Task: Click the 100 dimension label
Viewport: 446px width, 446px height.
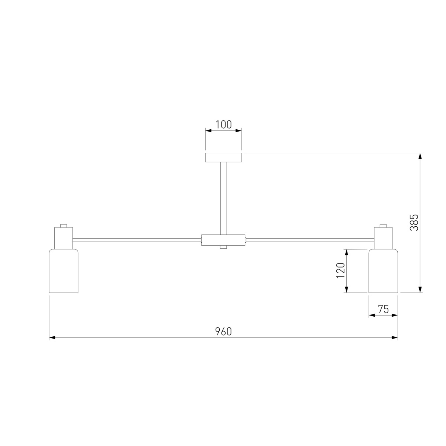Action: pos(223,125)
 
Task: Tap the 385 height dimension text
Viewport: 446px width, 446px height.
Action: pos(414,222)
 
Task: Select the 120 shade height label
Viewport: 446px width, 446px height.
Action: pos(340,271)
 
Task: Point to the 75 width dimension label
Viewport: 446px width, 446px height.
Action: pos(383,309)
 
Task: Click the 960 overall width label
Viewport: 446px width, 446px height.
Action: pos(223,332)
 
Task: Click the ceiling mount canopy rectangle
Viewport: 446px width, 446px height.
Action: pos(223,157)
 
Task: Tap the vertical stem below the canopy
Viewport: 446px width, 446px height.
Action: pos(223,197)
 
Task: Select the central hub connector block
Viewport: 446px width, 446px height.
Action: pos(223,239)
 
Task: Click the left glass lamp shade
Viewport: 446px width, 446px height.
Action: pos(64,271)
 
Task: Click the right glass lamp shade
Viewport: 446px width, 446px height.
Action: pos(383,271)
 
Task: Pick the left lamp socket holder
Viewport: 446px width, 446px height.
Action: pos(64,238)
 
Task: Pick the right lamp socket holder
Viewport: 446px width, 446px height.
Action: pos(383,238)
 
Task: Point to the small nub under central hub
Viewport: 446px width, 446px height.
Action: pos(223,247)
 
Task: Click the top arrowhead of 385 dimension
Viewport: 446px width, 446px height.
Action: pos(420,156)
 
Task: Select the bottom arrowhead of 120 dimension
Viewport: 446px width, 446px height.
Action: pos(346,290)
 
